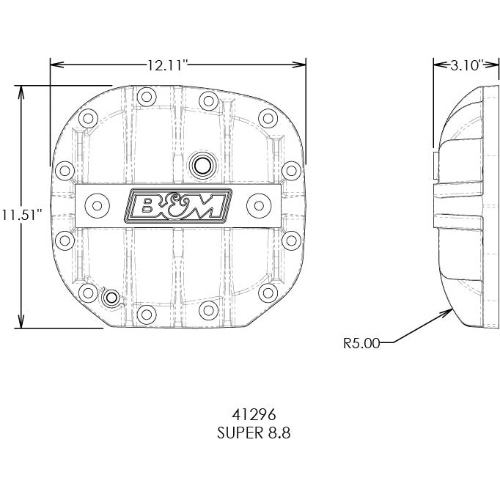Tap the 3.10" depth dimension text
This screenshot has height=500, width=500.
pos(465,65)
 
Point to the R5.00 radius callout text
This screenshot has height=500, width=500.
pos(361,342)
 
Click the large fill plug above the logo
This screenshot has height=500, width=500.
pos(200,165)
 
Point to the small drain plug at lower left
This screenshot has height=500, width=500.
pos(112,297)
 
